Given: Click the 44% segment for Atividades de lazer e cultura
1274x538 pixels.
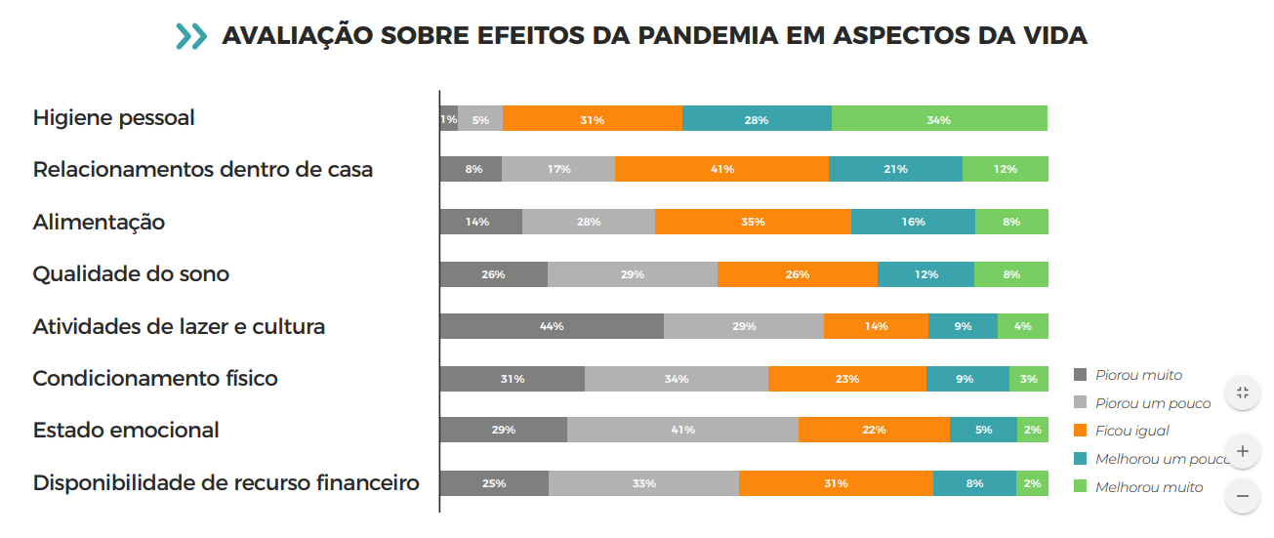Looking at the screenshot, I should click(x=552, y=326).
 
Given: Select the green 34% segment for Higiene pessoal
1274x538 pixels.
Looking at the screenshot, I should click(x=939, y=118).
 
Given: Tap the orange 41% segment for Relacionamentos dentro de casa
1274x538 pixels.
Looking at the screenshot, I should click(x=721, y=169).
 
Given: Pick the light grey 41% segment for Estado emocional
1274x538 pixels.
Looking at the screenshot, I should click(x=682, y=430).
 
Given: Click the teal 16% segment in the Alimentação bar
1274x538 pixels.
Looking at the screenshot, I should click(x=913, y=222).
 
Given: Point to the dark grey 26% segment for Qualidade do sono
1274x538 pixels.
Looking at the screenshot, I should click(x=493, y=274).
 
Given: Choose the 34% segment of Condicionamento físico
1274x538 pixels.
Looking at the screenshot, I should click(x=677, y=378).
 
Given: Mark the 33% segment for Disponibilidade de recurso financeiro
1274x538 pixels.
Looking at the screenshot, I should click(x=643, y=482).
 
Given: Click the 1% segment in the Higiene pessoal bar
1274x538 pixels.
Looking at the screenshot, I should click(x=448, y=118).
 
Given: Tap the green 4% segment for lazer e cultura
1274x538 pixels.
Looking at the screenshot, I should click(x=1022, y=326).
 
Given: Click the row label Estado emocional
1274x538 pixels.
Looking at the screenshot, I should click(x=126, y=431).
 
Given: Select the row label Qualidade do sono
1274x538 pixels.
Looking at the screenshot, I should click(x=131, y=274).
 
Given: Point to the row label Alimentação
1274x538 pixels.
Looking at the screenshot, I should click(x=99, y=223).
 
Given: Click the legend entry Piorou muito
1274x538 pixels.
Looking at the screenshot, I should click(x=1138, y=375).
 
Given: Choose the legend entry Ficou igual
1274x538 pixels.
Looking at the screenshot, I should click(x=1131, y=431).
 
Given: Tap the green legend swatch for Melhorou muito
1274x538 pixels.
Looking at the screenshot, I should click(x=1080, y=486).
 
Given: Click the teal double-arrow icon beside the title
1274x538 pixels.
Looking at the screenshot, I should click(x=191, y=36).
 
